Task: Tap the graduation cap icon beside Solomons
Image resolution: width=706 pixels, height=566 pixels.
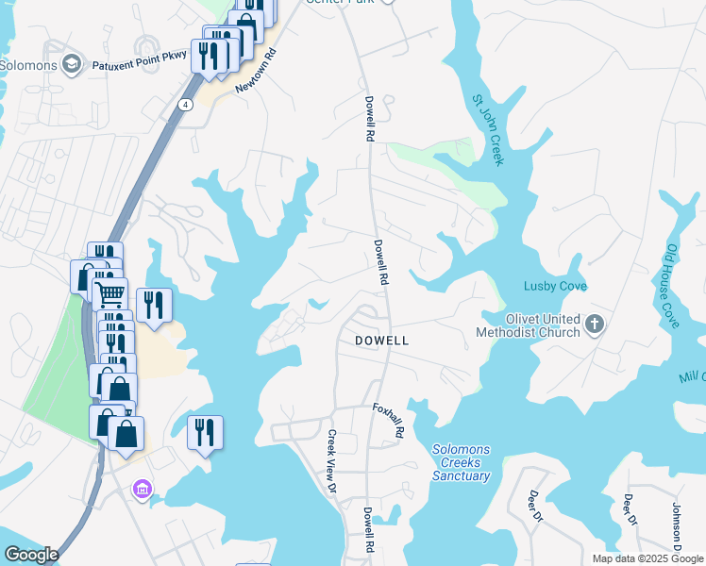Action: click(71, 64)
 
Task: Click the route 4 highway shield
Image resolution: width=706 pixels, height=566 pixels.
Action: click(188, 105)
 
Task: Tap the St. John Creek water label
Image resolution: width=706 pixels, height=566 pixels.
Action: click(488, 128)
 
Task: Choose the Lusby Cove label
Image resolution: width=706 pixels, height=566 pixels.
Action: click(556, 286)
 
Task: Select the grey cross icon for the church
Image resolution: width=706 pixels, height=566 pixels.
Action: click(595, 325)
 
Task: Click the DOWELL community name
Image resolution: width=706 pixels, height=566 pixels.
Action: click(381, 341)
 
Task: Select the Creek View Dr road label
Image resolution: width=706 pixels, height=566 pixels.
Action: click(331, 461)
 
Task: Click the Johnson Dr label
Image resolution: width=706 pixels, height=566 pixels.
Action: click(677, 524)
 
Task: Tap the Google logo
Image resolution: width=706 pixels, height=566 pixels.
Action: click(31, 555)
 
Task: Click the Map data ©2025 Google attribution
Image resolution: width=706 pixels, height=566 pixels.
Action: click(647, 558)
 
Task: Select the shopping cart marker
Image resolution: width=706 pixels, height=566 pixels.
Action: click(110, 293)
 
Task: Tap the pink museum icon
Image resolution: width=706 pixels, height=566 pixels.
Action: click(143, 489)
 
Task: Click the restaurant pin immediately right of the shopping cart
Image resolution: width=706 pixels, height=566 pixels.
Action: click(153, 304)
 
